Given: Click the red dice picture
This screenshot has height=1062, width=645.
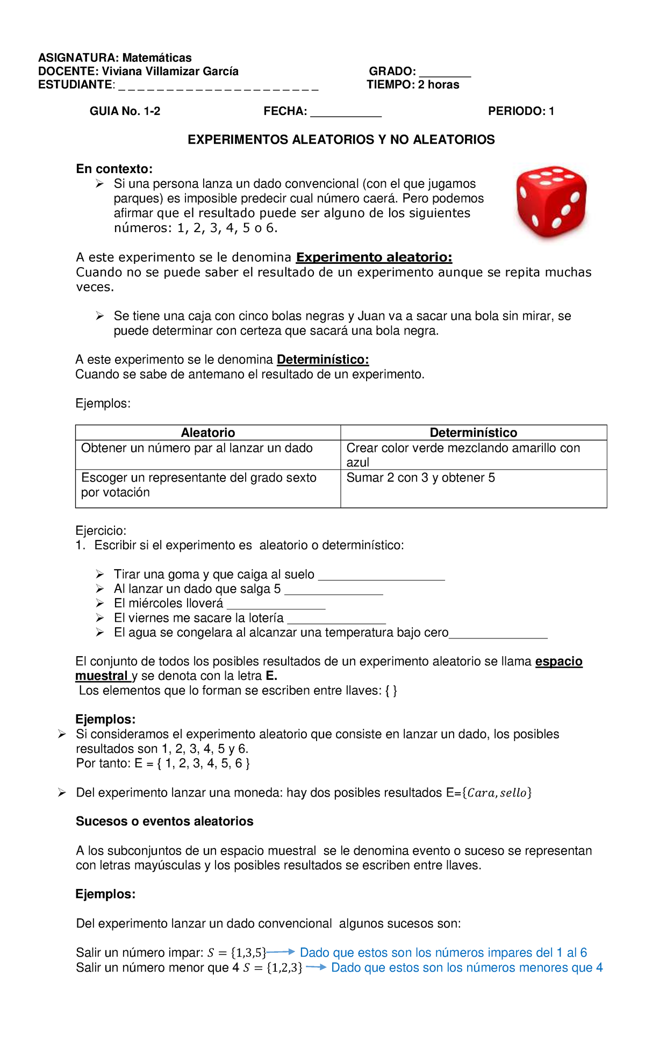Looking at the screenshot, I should (x=551, y=202).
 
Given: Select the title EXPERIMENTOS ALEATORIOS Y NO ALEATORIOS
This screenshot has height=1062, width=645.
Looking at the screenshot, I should (x=341, y=140).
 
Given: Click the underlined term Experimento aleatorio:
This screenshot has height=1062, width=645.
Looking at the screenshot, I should (x=374, y=257).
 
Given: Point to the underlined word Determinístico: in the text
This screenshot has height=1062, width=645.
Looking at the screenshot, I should (x=322, y=360).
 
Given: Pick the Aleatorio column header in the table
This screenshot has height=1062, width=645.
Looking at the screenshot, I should (x=208, y=433).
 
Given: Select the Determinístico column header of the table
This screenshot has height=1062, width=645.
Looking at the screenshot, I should (x=473, y=433).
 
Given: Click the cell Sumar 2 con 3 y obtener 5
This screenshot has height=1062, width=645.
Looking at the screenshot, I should (x=420, y=478).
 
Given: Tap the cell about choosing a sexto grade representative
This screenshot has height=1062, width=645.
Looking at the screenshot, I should (x=198, y=485).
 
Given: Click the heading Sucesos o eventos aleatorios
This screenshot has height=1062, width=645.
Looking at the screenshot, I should (x=164, y=821).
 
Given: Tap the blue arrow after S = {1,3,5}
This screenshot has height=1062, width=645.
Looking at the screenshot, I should (x=281, y=952).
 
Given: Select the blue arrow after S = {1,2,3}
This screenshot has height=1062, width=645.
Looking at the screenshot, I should (x=316, y=967).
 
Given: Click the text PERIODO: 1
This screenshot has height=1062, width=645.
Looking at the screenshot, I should (x=521, y=111).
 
